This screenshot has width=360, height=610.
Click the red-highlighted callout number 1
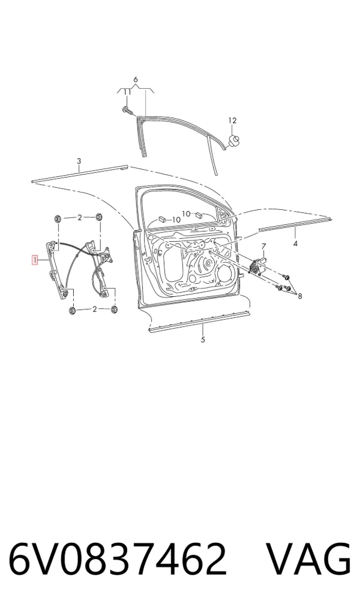pyautogui.click(x=35, y=260)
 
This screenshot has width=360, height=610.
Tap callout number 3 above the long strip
pyautogui.click(x=79, y=161)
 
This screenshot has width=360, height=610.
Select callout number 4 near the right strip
pyautogui.click(x=295, y=244)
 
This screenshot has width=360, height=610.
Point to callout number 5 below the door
pyautogui.click(x=203, y=339)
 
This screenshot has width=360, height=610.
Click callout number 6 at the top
pyautogui.click(x=136, y=80)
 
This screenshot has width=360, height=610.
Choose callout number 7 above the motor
pyautogui.click(x=263, y=247)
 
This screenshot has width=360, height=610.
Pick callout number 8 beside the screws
pyautogui.click(x=300, y=296)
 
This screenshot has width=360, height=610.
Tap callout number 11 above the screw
pyautogui.click(x=127, y=92)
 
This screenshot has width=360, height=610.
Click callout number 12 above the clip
pyautogui.click(x=232, y=121)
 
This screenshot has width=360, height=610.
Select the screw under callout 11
pyautogui.click(x=127, y=110)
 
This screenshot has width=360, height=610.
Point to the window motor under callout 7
pyautogui.click(x=256, y=266)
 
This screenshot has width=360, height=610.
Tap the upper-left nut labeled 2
pyautogui.click(x=58, y=218)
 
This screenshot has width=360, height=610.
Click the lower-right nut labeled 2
pyautogui.click(x=115, y=309)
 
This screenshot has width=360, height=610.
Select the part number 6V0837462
pyautogui.click(x=117, y=559)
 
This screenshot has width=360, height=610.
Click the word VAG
pyautogui.click(x=308, y=559)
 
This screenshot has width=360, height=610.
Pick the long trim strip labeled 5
pyautogui.click(x=200, y=321)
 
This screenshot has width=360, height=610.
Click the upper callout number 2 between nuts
pyautogui.click(x=80, y=218)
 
